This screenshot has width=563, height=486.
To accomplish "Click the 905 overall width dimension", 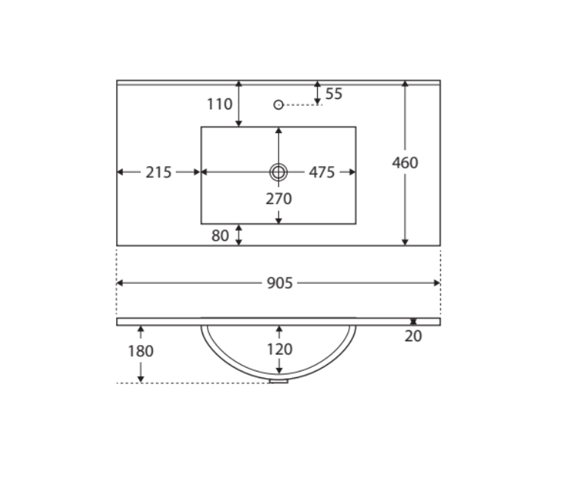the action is (280, 283).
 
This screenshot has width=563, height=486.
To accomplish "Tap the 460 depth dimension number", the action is (405, 163).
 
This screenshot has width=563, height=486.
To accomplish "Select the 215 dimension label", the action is (158, 173).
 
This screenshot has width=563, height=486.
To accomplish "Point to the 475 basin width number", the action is (321, 173).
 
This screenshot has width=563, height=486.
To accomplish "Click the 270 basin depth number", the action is (279, 199).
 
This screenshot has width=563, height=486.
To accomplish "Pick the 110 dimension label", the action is (219, 104).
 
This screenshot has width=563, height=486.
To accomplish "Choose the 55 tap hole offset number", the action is (334, 94).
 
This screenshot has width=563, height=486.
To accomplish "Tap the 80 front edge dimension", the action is (220, 236).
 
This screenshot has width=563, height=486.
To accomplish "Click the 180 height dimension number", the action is (140, 351).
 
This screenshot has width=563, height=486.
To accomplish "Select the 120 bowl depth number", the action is (280, 349).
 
